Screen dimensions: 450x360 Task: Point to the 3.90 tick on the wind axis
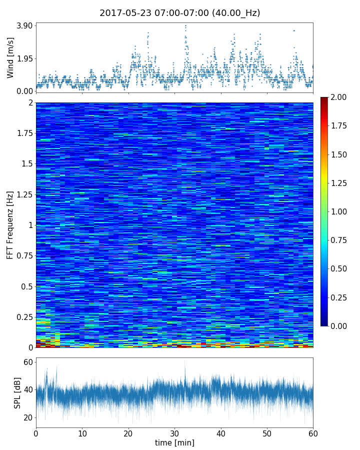[24, 25]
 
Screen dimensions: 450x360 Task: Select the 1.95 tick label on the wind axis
[24, 58]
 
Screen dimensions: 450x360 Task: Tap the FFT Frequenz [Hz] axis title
[10, 224]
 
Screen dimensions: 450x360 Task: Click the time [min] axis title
[174, 442]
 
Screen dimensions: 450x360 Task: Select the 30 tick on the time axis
[174, 433]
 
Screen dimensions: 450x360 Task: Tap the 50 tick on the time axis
[267, 433]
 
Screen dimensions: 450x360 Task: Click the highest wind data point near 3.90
[185, 25]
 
